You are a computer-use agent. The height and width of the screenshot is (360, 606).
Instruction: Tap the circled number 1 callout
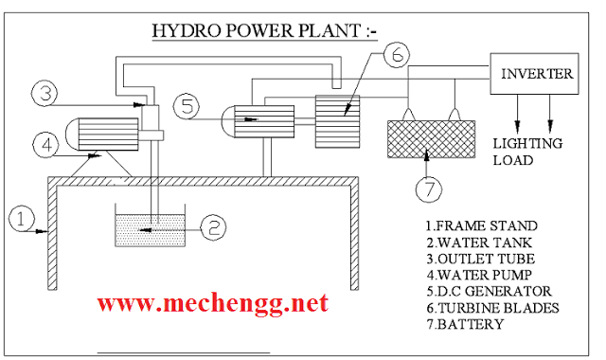[x=20, y=218]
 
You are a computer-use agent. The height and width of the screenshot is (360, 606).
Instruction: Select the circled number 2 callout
[x=215, y=226]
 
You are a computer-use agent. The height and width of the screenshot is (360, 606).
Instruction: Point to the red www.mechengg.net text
[x=213, y=303]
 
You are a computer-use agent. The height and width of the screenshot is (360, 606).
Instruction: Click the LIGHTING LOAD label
[x=527, y=152]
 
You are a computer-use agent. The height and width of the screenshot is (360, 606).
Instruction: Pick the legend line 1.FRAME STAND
[x=482, y=225]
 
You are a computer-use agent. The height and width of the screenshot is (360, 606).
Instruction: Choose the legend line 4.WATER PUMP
[x=481, y=275]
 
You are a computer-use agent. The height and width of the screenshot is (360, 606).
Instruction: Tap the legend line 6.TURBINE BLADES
[x=492, y=308]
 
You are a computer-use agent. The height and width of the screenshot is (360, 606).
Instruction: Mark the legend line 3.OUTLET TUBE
[x=482, y=259]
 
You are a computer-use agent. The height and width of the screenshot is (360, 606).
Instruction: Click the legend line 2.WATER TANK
[x=480, y=242]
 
